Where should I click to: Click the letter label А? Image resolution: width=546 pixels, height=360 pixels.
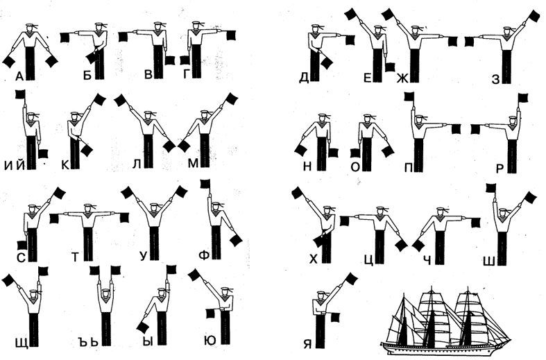point(19,76)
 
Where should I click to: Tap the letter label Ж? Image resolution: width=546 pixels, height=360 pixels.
point(402,78)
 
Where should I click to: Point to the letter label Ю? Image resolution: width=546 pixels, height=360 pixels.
point(210,341)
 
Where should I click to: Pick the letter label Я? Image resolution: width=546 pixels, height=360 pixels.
point(307,344)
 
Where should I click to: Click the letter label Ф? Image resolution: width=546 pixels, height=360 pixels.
point(205,256)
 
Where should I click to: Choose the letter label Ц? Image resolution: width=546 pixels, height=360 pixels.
point(368,259)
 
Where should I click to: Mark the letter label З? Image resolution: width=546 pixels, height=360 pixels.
point(495,79)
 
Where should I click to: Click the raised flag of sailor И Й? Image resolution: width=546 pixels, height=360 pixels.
point(20,94)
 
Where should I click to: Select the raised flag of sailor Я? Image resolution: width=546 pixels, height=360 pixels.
point(351,279)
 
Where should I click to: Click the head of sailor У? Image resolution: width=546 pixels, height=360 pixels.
point(153,208)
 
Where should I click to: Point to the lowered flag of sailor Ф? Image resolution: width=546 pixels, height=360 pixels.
point(236,241)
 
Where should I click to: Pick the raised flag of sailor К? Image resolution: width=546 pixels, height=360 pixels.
point(99,100)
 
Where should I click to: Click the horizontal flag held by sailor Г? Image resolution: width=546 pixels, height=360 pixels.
point(230,35)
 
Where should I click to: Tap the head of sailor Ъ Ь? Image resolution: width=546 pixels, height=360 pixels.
point(105,293)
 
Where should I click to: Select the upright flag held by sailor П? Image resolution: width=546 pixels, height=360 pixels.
point(409,96)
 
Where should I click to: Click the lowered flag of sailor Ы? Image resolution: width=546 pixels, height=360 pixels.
point(143,327)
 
